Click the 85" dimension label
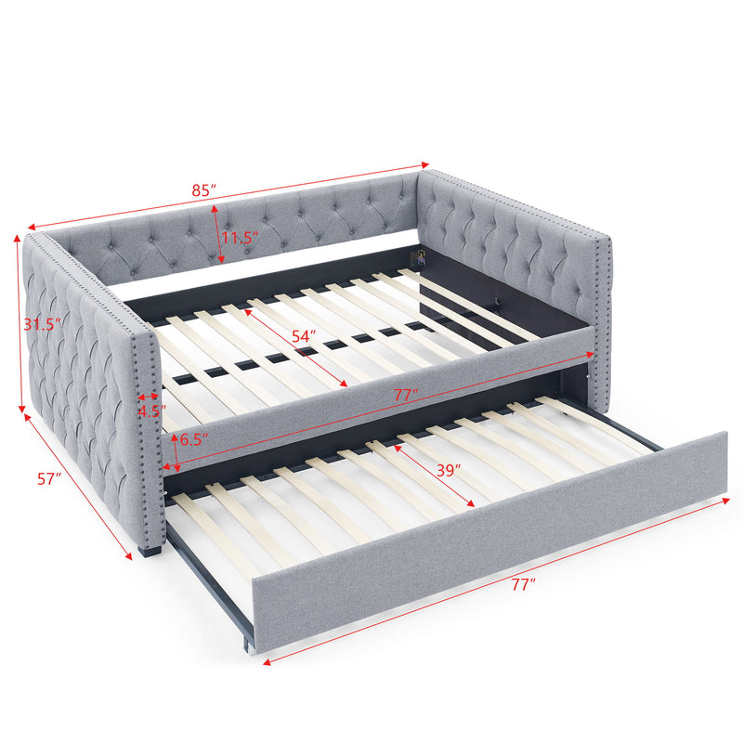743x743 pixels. [x=205, y=189]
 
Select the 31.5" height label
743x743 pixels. [x=43, y=324]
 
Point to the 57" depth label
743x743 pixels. [x=49, y=479]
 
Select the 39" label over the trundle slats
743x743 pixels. [x=449, y=470]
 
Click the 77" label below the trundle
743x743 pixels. [x=522, y=585]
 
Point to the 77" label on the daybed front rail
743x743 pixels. [x=402, y=394]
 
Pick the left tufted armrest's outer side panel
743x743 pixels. [x=84, y=390]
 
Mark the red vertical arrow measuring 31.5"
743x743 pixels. [x=20, y=325]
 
